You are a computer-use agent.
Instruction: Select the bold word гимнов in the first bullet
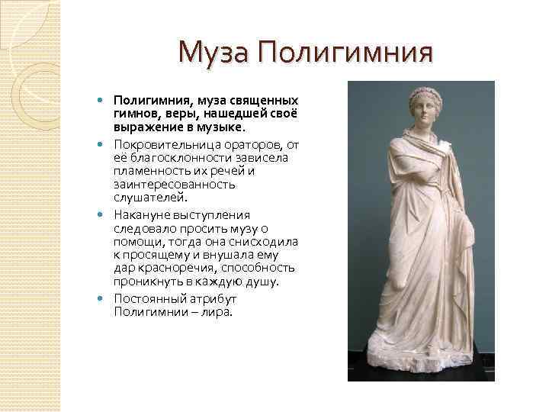tap(134, 112)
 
